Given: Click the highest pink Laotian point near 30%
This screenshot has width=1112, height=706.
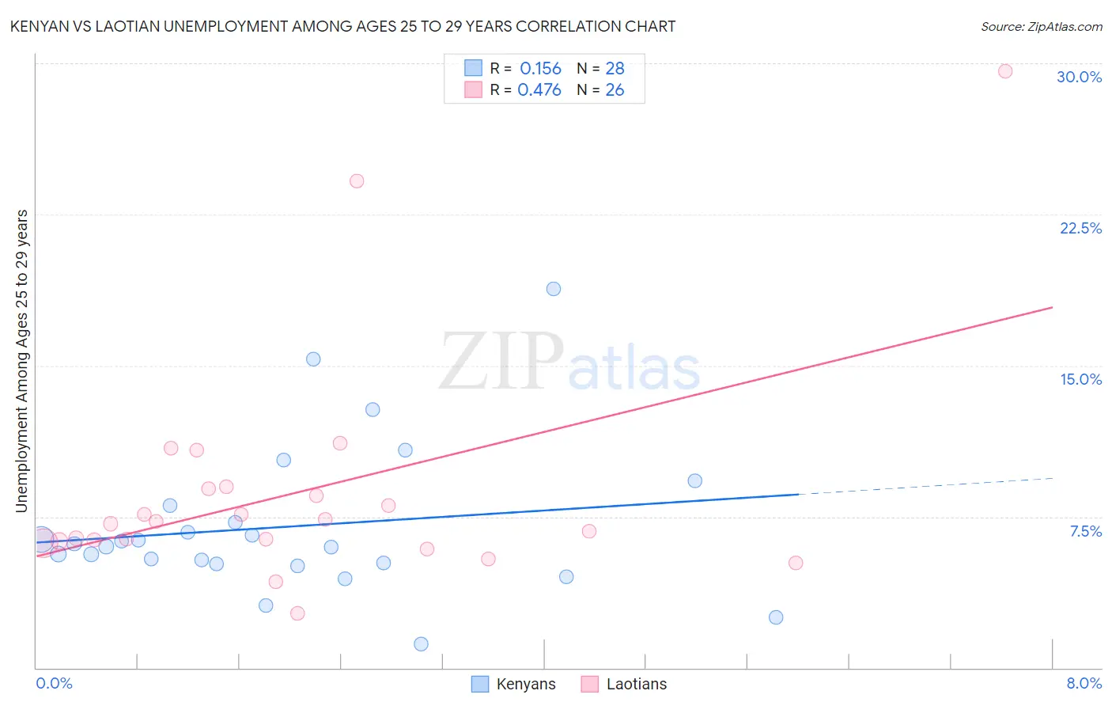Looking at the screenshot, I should click(1005, 71).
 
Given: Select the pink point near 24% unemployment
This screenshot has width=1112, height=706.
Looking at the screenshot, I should click(357, 181).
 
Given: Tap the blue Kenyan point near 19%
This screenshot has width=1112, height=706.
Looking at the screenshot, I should click(554, 289).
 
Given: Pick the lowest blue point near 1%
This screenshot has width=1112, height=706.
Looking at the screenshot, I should click(421, 644).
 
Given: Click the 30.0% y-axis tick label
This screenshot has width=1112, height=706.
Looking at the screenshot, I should click(1079, 77).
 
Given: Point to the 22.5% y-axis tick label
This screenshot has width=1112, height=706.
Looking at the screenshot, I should click(1080, 228).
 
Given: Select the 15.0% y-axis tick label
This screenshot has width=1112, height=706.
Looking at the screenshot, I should click(1080, 379).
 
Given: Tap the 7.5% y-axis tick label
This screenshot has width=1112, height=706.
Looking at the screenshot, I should click(1085, 531).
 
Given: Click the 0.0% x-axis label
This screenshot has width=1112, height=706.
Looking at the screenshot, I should click(54, 683).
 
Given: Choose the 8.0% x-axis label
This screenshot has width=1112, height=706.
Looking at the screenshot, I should click(1084, 683).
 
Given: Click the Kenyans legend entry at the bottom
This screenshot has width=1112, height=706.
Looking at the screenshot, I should click(513, 684).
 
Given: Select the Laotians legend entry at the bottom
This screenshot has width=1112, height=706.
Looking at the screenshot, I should click(624, 684).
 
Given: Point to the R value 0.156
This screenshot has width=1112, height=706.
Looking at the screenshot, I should click(540, 69).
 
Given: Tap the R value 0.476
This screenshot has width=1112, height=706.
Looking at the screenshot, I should click(539, 90).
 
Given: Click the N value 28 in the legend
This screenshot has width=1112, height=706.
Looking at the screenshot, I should click(615, 69).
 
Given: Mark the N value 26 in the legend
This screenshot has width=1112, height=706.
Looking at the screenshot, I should click(615, 90).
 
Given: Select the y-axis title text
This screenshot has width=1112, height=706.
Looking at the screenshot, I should click(22, 360).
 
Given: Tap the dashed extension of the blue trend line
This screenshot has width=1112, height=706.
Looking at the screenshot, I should click(925, 486).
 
